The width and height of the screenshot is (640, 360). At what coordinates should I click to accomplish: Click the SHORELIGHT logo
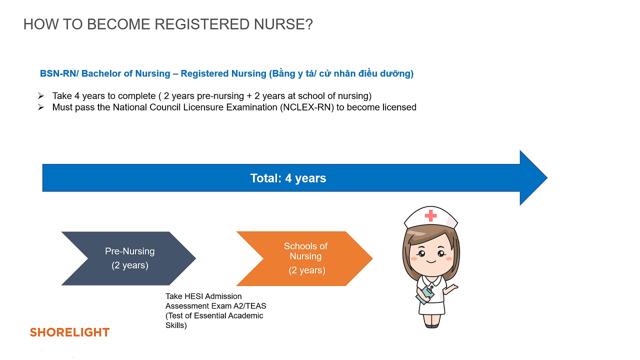click(69, 332)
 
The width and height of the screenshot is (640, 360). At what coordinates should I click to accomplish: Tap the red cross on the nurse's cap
click(430, 215)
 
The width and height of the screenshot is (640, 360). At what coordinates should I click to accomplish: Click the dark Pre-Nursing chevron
click(128, 258)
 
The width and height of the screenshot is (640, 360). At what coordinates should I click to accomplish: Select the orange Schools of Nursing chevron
click(304, 258)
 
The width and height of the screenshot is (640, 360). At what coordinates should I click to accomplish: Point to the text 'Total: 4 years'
click(288, 178)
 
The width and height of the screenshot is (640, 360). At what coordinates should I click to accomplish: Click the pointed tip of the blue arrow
click(547, 177)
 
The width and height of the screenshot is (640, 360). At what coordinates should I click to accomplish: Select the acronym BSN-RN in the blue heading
click(58, 73)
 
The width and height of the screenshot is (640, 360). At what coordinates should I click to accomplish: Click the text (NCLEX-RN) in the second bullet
click(307, 107)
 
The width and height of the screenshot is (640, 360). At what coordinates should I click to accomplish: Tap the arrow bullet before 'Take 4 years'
click(41, 95)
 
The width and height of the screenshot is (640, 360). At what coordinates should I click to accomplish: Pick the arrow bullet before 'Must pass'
click(41, 107)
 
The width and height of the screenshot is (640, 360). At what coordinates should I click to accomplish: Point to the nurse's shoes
click(431, 325)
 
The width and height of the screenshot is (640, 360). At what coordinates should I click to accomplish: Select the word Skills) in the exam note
click(176, 325)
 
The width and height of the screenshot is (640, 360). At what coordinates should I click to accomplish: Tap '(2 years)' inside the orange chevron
click(307, 270)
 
